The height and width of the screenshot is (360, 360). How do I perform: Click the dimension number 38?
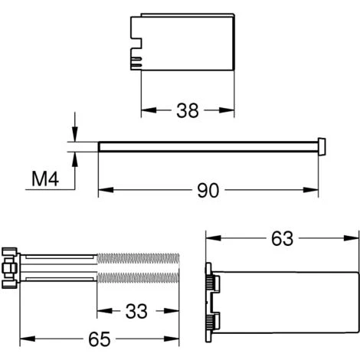coord(188,110)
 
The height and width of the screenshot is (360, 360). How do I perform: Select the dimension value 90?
coord(208,190)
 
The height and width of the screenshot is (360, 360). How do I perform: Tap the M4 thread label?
coord(45,178)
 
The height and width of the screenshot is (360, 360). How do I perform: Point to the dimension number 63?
coord(282,238)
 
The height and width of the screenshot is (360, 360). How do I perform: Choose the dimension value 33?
coord(136,311)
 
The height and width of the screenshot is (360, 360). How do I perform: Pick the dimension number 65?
coord(100,339)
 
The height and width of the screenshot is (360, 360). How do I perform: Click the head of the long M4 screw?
coord(322,146)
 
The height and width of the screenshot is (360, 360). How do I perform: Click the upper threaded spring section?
coord(138,259)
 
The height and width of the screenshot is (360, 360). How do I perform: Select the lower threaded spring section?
coord(138,277)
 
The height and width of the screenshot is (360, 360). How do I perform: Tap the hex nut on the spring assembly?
coord(9,268)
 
